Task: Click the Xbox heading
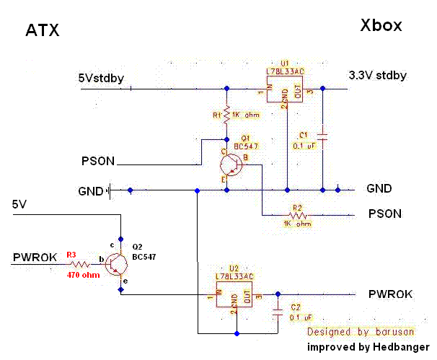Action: tap(381, 26)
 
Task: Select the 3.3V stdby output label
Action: tap(377, 75)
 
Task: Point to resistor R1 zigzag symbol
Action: tap(226, 115)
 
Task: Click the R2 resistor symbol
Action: tap(296, 214)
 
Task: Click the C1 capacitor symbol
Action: tap(322, 135)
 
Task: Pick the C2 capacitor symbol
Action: tap(277, 311)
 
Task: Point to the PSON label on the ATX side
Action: tap(98, 161)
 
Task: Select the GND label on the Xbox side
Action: tap(379, 189)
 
